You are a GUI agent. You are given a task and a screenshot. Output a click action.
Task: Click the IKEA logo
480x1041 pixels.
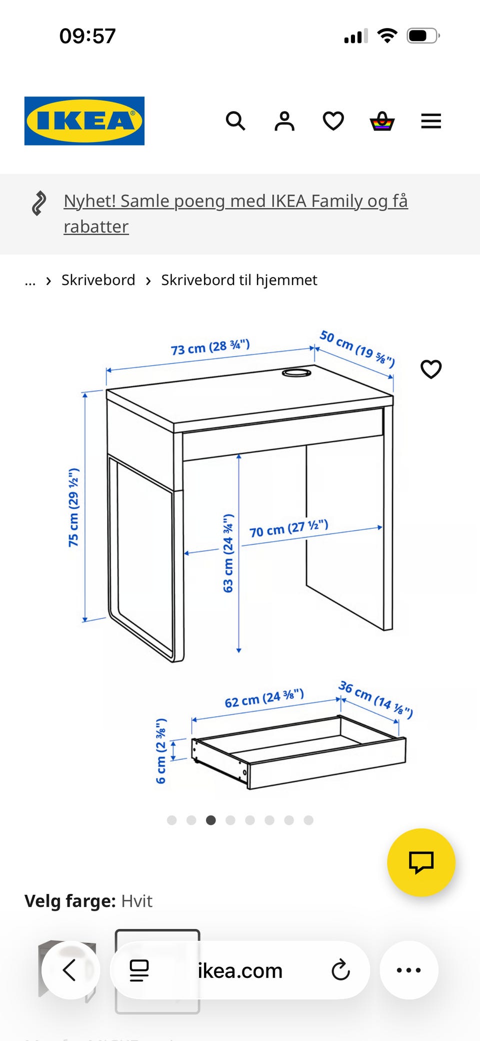tap(84, 121)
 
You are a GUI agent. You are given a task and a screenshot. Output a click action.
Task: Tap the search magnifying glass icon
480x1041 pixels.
tap(235, 121)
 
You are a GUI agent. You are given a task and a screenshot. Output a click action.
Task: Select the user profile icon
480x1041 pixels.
tap(284, 121)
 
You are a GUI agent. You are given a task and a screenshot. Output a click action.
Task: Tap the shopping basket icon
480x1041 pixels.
tap(382, 121)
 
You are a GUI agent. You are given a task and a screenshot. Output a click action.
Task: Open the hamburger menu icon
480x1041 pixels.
tap(431, 121)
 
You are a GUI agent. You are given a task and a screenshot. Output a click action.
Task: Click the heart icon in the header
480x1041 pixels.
tap(333, 121)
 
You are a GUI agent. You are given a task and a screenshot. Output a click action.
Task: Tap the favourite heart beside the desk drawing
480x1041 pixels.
tap(431, 369)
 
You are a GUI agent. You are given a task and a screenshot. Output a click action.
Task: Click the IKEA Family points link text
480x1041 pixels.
tap(235, 214)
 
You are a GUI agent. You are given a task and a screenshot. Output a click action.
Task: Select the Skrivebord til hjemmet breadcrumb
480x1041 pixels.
tap(239, 280)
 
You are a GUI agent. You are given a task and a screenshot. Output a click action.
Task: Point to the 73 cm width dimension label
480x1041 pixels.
tap(210, 347)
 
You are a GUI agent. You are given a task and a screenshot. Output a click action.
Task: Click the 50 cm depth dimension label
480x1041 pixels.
tap(357, 348)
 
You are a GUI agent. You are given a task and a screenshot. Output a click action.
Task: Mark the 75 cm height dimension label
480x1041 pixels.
tap(73, 507)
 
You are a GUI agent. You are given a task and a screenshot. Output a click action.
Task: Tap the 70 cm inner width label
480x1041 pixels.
tap(289, 528)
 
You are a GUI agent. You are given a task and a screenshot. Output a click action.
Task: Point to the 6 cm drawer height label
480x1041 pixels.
tap(161, 751)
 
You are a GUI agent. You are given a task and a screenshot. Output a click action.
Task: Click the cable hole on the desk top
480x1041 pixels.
tap(296, 373)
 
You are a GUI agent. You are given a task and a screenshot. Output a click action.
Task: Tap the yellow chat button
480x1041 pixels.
tap(421, 862)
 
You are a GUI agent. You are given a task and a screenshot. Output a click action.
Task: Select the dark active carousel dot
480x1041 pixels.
tap(211, 820)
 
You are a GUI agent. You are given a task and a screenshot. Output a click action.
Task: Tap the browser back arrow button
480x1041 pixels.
tap(70, 970)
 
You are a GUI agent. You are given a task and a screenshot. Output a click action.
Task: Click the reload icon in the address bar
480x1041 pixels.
tap(340, 970)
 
